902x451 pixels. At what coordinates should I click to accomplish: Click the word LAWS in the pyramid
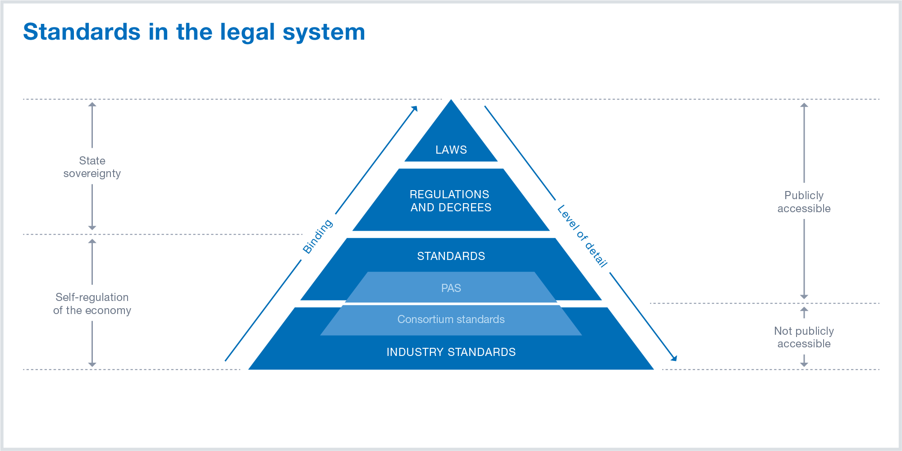451,150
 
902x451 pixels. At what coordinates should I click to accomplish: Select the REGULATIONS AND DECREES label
450,201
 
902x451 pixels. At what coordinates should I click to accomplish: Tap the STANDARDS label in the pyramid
451,256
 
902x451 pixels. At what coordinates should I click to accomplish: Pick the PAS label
451,288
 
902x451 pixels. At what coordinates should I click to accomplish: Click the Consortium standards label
451,319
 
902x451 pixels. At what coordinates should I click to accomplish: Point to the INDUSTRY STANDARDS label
451,352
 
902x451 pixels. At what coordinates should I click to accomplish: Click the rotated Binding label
318,237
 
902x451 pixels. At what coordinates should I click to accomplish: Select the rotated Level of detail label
582,236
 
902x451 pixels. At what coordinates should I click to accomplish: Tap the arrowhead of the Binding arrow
415,109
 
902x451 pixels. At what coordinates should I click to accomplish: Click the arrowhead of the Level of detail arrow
674,358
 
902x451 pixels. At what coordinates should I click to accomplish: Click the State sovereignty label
92,167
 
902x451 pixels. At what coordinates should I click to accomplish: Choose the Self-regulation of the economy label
92,304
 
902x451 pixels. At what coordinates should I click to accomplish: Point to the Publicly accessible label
804,202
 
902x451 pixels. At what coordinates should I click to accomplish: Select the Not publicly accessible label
804,337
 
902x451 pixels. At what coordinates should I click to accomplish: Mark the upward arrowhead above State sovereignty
92,105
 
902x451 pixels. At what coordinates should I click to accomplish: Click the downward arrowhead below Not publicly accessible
804,364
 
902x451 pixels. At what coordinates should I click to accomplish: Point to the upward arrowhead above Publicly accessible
804,105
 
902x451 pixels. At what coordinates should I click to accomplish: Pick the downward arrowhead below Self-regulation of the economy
92,364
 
